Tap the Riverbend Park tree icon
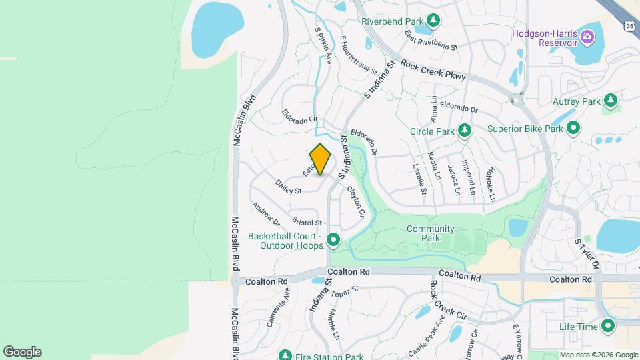coord(433,21)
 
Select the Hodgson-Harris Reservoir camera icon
coord(587,35)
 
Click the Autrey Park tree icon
coord(610,101)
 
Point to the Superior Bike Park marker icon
coord(573,129)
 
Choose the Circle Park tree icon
coord(465,131)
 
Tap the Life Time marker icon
coord(608,326)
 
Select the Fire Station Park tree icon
coord(285,355)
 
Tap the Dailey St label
coord(288,186)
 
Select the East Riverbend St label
coord(431,41)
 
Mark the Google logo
coord(22,351)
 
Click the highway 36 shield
coord(630,25)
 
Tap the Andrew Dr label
coord(266,212)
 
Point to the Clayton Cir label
coord(356,201)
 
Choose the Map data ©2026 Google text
coord(598,355)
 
